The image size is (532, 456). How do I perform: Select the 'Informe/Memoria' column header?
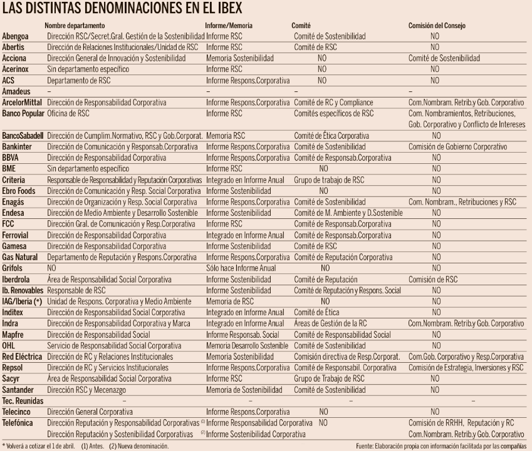tap(229, 26)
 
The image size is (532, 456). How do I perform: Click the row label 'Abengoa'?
tap(17, 37)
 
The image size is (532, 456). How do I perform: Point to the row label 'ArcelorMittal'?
tap(24, 102)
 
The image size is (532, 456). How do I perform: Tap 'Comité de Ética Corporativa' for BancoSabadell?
tap(331, 135)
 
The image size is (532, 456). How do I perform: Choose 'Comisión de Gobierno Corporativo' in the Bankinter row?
tap(457, 146)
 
